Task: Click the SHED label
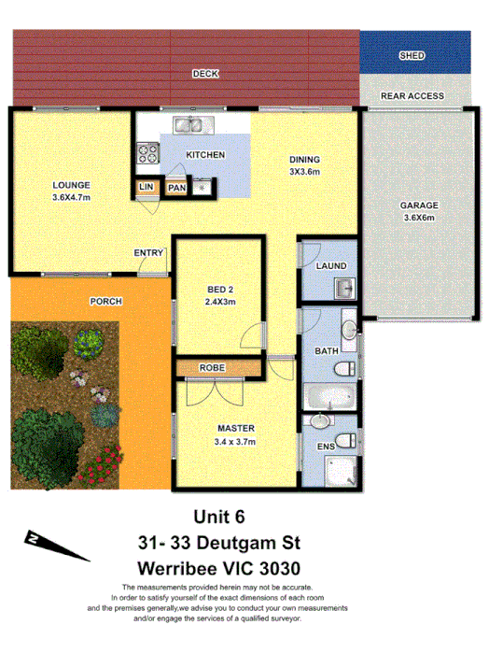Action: pyautogui.click(x=412, y=56)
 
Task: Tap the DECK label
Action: pyautogui.click(x=204, y=73)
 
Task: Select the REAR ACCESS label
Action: pyautogui.click(x=412, y=95)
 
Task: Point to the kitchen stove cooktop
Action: pyautogui.click(x=147, y=150)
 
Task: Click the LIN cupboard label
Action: pyautogui.click(x=146, y=187)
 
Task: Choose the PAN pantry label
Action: pyautogui.click(x=176, y=187)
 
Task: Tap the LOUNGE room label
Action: pyautogui.click(x=71, y=184)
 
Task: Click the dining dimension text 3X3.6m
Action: pyautogui.click(x=304, y=171)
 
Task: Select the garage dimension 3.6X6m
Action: pyautogui.click(x=419, y=218)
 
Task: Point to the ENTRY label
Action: pyautogui.click(x=148, y=252)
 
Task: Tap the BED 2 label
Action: pyautogui.click(x=220, y=289)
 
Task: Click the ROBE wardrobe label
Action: pyautogui.click(x=211, y=368)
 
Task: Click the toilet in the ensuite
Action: pyautogui.click(x=347, y=441)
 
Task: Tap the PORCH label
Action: pyautogui.click(x=105, y=302)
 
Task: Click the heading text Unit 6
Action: pyautogui.click(x=219, y=515)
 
